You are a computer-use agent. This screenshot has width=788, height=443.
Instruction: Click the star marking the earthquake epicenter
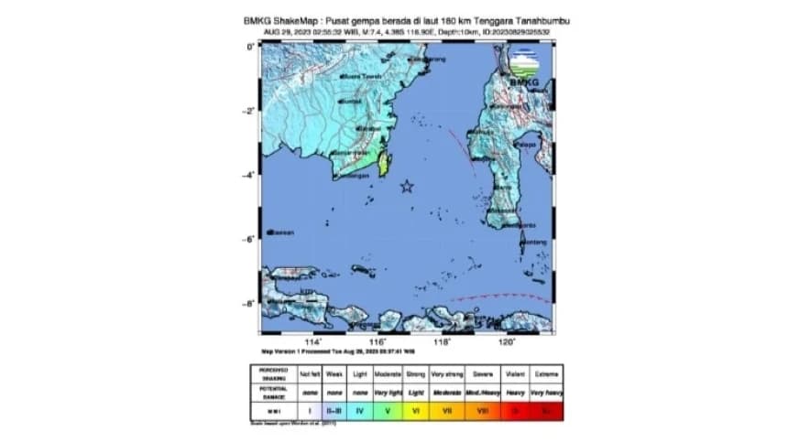(x=407, y=187)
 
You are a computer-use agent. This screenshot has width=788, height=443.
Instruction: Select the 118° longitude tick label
(x=442, y=342)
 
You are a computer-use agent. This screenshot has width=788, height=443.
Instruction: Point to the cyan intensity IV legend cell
(x=359, y=413)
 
